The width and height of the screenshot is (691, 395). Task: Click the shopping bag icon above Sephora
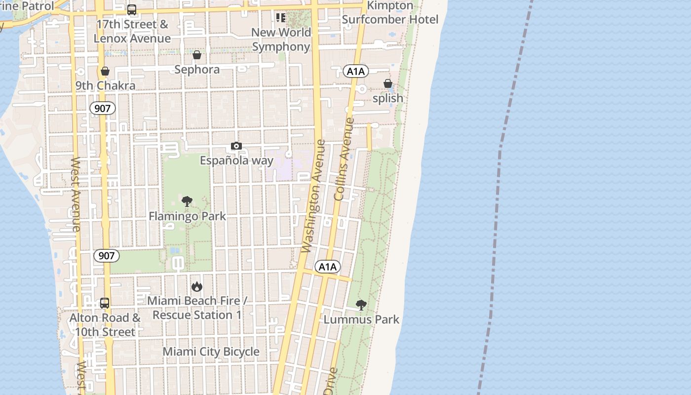(197, 55)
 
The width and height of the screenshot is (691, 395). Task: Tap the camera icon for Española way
(236, 146)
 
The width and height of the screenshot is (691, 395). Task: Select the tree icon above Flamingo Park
(187, 201)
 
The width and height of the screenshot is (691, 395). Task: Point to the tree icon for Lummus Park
(361, 305)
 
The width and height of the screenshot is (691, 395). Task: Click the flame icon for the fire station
(197, 286)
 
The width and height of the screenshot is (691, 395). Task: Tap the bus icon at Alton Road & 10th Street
(105, 303)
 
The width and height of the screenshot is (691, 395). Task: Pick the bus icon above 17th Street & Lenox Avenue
(132, 10)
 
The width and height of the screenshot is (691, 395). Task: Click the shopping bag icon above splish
(388, 83)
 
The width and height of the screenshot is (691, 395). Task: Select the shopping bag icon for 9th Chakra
(105, 71)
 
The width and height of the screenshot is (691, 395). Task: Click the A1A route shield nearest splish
(356, 72)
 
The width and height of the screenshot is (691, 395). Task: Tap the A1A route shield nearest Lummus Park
(327, 267)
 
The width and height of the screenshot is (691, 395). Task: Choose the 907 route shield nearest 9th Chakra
(102, 108)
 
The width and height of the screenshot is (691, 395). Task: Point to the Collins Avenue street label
(344, 158)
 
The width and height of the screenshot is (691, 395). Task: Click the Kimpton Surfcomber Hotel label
(390, 13)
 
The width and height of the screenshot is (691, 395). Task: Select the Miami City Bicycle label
(211, 352)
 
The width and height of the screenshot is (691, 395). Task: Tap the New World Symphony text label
(281, 39)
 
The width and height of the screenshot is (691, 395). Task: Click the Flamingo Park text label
(188, 216)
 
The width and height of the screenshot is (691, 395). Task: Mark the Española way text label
(236, 160)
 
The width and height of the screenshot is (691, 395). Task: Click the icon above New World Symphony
(281, 18)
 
